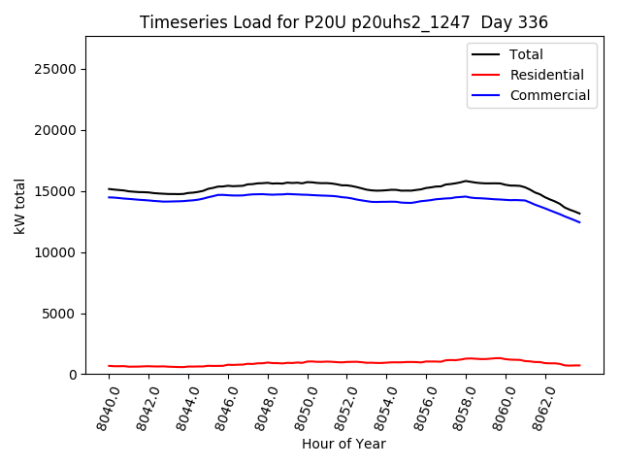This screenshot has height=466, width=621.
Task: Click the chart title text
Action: [343, 22]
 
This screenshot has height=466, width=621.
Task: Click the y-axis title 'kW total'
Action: [20, 206]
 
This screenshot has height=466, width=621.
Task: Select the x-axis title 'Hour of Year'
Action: [343, 444]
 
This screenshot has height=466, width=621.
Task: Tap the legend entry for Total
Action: [527, 54]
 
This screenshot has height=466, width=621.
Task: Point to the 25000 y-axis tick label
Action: [58, 69]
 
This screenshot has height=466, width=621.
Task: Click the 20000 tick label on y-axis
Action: [58, 130]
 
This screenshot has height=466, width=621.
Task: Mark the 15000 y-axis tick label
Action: [58, 191]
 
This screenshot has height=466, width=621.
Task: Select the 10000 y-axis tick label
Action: [58, 252]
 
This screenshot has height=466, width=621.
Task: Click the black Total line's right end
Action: [580, 214]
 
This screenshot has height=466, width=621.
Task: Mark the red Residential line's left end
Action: [109, 366]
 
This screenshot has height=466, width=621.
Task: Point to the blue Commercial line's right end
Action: [580, 222]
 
